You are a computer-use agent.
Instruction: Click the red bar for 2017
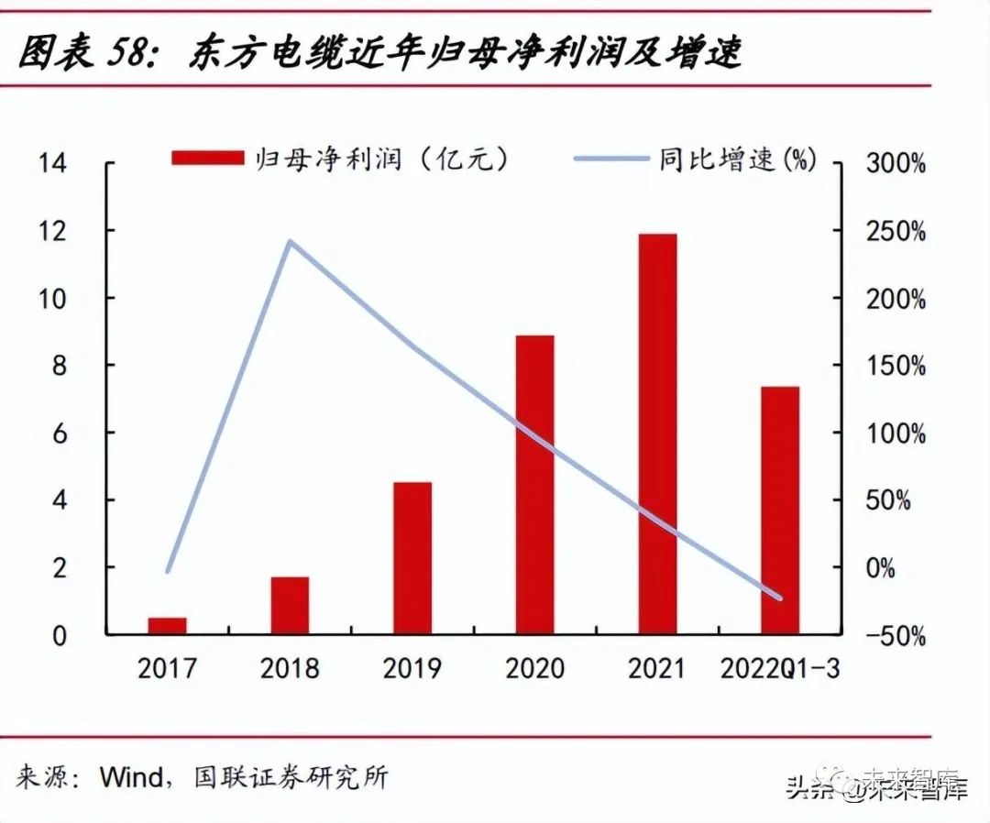click(167, 625)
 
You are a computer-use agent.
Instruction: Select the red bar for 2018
click(290, 605)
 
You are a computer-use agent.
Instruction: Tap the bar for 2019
click(412, 557)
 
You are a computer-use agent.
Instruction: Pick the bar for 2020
click(534, 484)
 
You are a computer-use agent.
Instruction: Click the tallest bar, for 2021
click(657, 433)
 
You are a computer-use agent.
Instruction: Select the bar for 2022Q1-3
click(780, 510)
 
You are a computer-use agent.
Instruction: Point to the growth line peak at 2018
click(290, 242)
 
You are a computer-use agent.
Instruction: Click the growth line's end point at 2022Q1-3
click(780, 598)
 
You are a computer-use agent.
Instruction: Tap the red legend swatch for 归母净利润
click(208, 159)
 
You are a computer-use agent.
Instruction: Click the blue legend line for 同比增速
click(611, 159)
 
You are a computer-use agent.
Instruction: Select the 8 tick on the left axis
click(60, 366)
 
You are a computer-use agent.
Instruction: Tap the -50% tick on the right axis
click(893, 636)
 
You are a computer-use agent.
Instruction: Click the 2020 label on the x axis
click(534, 668)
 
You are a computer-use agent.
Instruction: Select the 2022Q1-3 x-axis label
click(780, 668)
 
